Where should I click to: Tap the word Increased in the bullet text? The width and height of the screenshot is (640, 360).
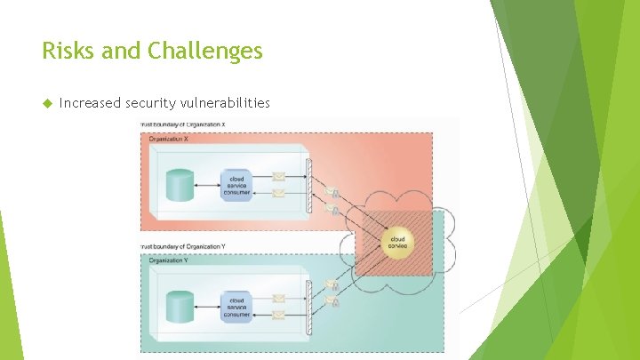coord(90,103)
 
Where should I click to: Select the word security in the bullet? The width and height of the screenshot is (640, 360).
coord(152,103)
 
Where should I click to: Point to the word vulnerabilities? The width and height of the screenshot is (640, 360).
coord(226,103)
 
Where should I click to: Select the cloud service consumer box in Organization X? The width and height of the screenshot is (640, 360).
coord(236,185)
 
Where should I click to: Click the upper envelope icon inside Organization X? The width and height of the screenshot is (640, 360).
coord(278,177)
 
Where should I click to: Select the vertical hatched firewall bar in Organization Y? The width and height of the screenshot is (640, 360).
coord(308,304)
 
